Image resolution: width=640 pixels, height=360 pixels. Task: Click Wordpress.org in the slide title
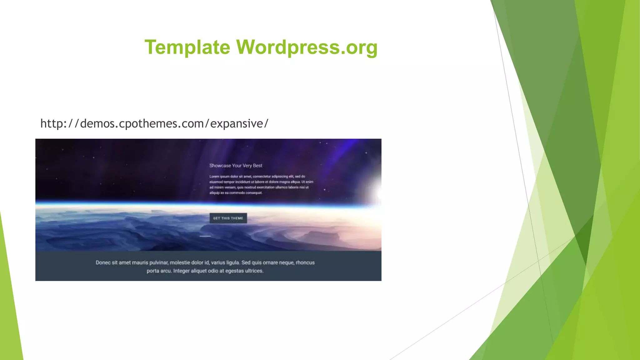coord(307,47)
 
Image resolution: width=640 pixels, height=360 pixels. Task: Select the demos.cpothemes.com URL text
coord(154,124)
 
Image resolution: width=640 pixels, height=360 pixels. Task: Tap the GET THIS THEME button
coord(228,218)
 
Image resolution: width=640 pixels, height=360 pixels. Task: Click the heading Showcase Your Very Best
coord(236,166)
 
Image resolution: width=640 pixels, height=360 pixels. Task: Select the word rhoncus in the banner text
coord(305,263)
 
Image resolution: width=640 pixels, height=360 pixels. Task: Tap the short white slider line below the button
coord(205,236)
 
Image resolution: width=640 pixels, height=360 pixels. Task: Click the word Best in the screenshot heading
coord(257,166)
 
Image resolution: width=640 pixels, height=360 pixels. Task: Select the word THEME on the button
coord(237,218)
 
